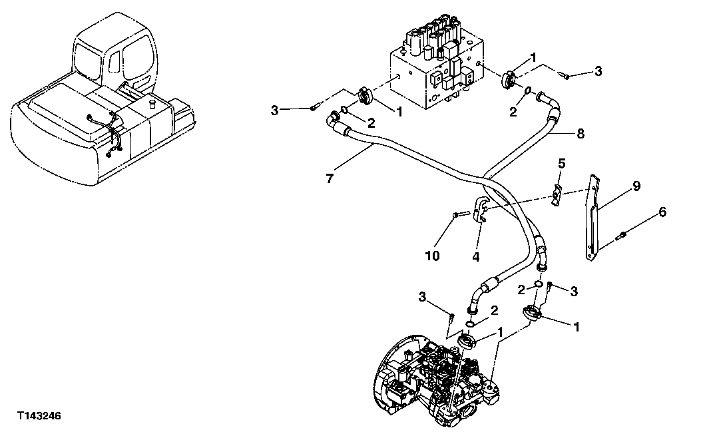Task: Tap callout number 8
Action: (581, 133)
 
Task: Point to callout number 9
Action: (636, 186)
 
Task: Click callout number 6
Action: (662, 212)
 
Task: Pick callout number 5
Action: (561, 162)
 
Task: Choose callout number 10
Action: (433, 255)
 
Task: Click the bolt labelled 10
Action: (458, 215)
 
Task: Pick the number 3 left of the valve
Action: (275, 110)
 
